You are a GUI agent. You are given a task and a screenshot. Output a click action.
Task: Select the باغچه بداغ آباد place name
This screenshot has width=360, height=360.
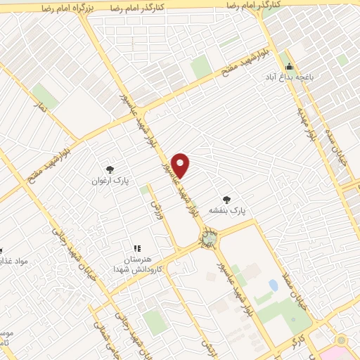pyautogui.click(x=285, y=75)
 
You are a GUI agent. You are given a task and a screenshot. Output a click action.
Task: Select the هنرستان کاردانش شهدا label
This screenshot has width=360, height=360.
pyautogui.click(x=139, y=264)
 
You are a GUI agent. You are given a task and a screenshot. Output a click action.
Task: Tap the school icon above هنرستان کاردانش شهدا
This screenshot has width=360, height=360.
pyautogui.click(x=137, y=248)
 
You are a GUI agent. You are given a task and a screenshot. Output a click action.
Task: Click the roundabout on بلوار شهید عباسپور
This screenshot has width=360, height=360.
pyautogui.click(x=207, y=239)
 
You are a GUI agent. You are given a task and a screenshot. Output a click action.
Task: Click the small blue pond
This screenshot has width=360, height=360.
pyautogui.click(x=272, y=285)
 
